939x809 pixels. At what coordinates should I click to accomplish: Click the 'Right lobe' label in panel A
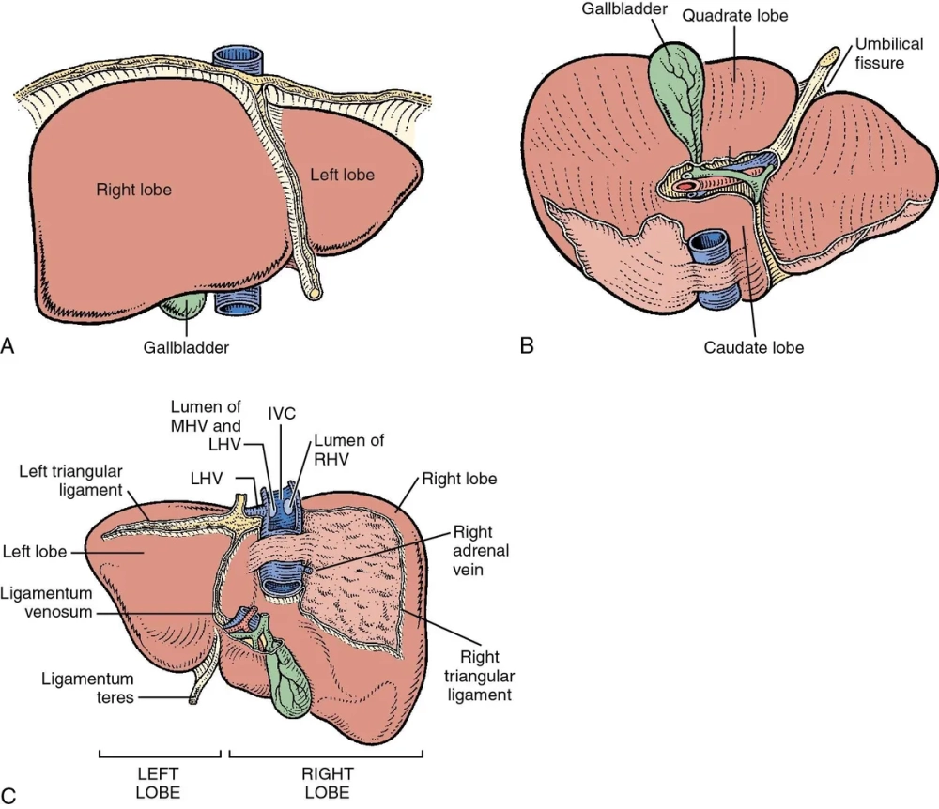[133, 189]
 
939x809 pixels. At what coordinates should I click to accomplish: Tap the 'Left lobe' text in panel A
[342, 175]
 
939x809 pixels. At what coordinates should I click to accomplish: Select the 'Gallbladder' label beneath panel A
[186, 347]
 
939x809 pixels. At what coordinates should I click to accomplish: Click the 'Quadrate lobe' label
[734, 16]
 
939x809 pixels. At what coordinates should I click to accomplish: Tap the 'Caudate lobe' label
[753, 347]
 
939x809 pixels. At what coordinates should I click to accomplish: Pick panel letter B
[527, 345]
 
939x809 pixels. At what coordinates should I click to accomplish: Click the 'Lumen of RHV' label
[349, 449]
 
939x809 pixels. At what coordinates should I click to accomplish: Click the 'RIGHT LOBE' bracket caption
[327, 783]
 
